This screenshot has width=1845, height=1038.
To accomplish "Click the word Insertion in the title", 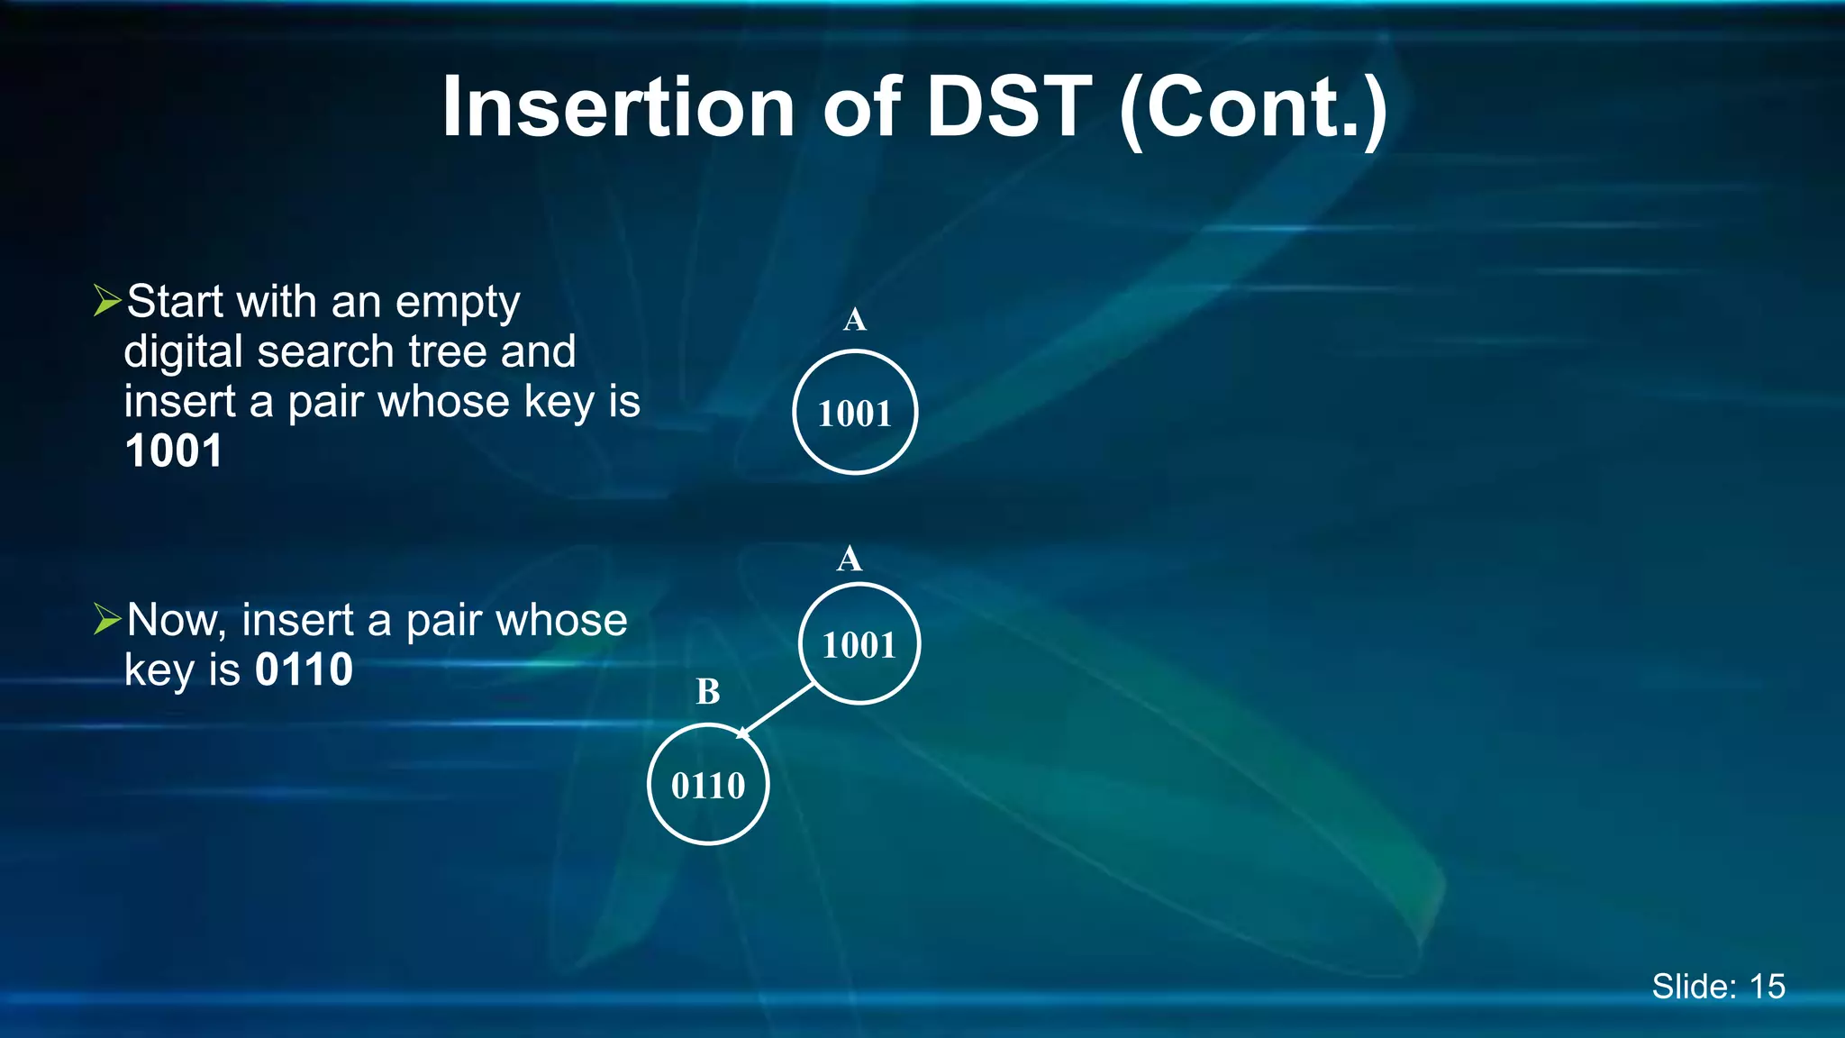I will (617, 107).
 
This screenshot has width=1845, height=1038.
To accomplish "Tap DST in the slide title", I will (1009, 107).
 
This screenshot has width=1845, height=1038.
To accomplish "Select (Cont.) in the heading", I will (1252, 110).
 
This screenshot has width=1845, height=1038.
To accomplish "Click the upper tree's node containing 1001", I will (855, 413).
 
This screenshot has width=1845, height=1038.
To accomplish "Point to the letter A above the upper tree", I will (855, 319).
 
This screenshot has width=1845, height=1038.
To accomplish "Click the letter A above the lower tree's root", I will (849, 560).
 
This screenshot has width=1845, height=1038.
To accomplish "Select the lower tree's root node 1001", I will (859, 644).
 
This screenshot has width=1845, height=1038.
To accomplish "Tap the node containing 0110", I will (708, 785).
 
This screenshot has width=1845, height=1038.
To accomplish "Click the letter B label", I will (708, 692).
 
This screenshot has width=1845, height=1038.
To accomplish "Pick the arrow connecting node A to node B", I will (777, 711).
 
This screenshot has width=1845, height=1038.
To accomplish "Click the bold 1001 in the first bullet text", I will (174, 451).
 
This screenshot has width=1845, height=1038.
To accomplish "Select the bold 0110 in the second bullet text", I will (304, 669).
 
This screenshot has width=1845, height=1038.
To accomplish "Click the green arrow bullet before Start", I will (107, 301).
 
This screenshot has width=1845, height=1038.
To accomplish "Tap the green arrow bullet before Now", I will (107, 619).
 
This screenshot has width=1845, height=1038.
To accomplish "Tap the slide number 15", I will (1767, 987).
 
